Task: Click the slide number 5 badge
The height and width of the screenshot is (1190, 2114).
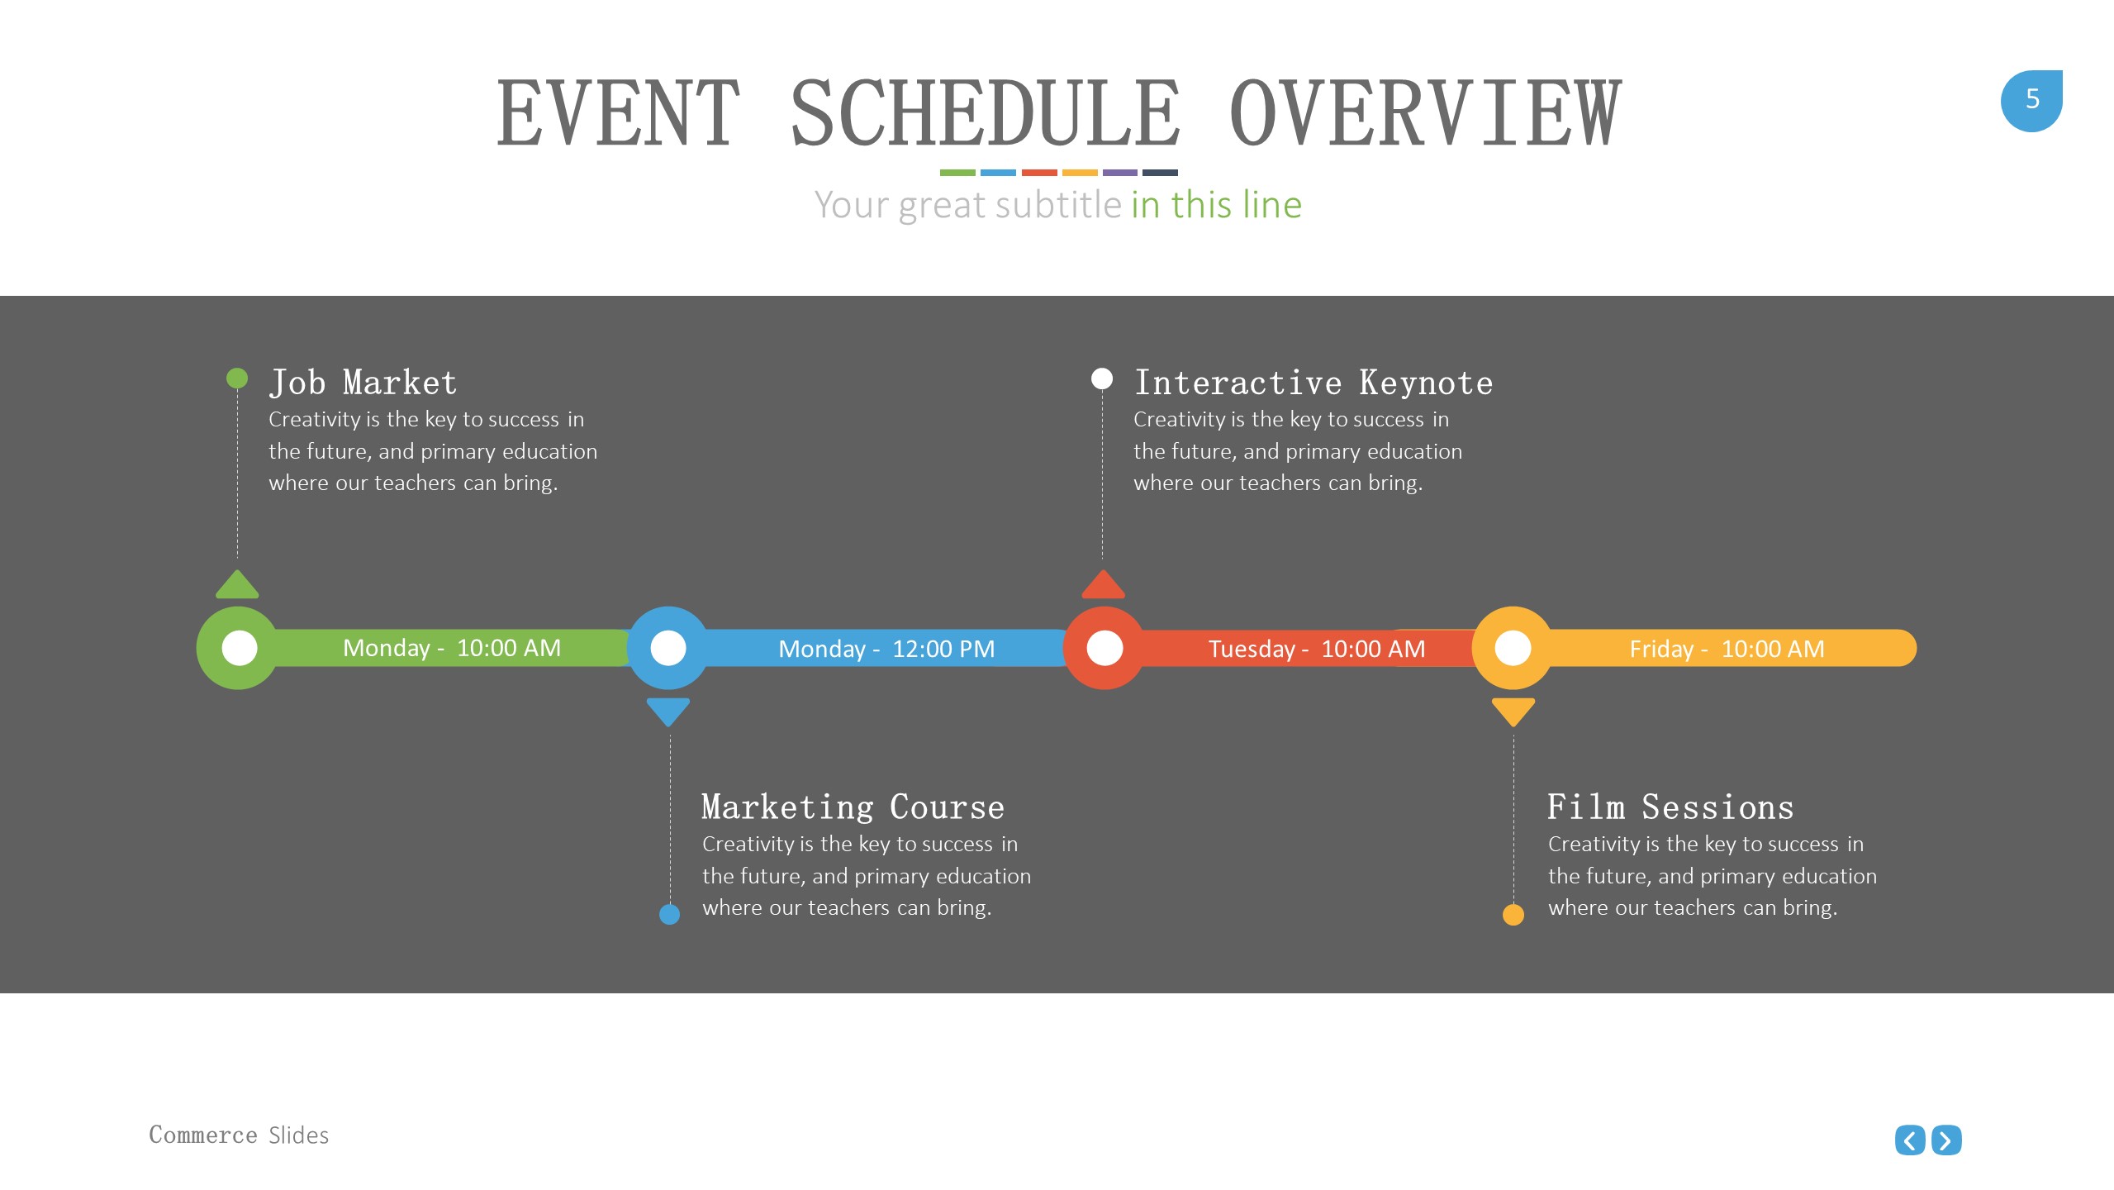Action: (2031, 101)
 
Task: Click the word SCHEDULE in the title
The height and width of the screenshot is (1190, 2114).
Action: (986, 113)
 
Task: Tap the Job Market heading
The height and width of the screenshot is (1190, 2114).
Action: (363, 383)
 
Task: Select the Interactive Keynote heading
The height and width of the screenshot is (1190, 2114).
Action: (1314, 383)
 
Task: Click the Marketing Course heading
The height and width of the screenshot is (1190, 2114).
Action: (853, 807)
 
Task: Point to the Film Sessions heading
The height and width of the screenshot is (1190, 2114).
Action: (1670, 807)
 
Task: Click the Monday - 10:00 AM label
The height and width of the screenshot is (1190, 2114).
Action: (452, 648)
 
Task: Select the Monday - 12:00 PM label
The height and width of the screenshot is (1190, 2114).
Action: (886, 649)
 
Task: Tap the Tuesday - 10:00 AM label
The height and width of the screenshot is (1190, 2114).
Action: (1317, 649)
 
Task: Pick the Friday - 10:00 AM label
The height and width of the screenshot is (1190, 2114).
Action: (1727, 649)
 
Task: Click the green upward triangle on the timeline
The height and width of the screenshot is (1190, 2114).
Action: (237, 584)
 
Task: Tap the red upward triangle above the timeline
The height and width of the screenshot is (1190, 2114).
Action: (1103, 584)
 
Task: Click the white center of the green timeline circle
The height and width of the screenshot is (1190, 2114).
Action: (240, 648)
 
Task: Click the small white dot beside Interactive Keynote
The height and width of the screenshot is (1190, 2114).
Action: (1102, 378)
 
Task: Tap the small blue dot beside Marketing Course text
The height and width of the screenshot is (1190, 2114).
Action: (670, 914)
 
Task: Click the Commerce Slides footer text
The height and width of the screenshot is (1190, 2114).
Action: (239, 1135)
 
